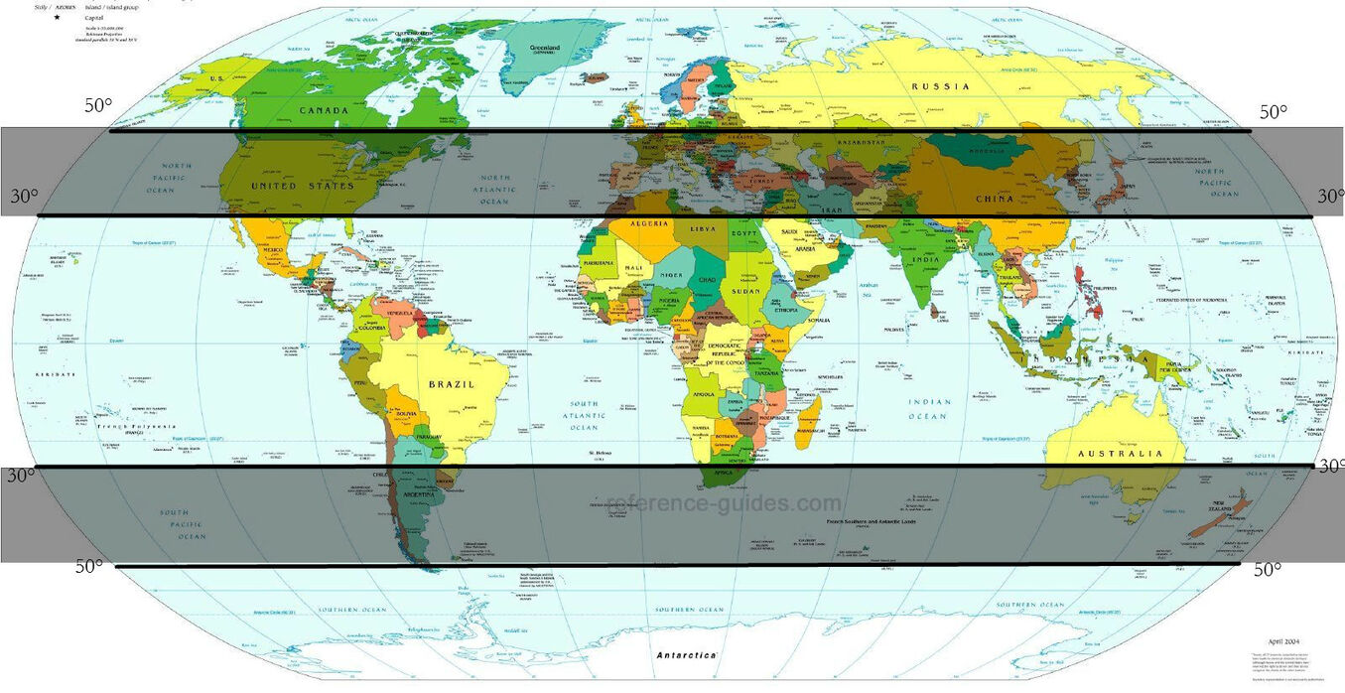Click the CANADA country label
tap(324, 110)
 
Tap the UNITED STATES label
tap(303, 187)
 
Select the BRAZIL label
tap(452, 384)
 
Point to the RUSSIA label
tap(941, 87)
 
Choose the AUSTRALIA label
tap(1120, 454)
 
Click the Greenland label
tap(545, 47)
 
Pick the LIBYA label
tap(702, 229)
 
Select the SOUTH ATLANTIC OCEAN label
tap(584, 415)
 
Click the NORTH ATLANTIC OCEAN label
tap(493, 190)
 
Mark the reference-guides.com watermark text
tap(724, 503)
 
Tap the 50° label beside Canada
tap(98, 105)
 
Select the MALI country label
tap(633, 269)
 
